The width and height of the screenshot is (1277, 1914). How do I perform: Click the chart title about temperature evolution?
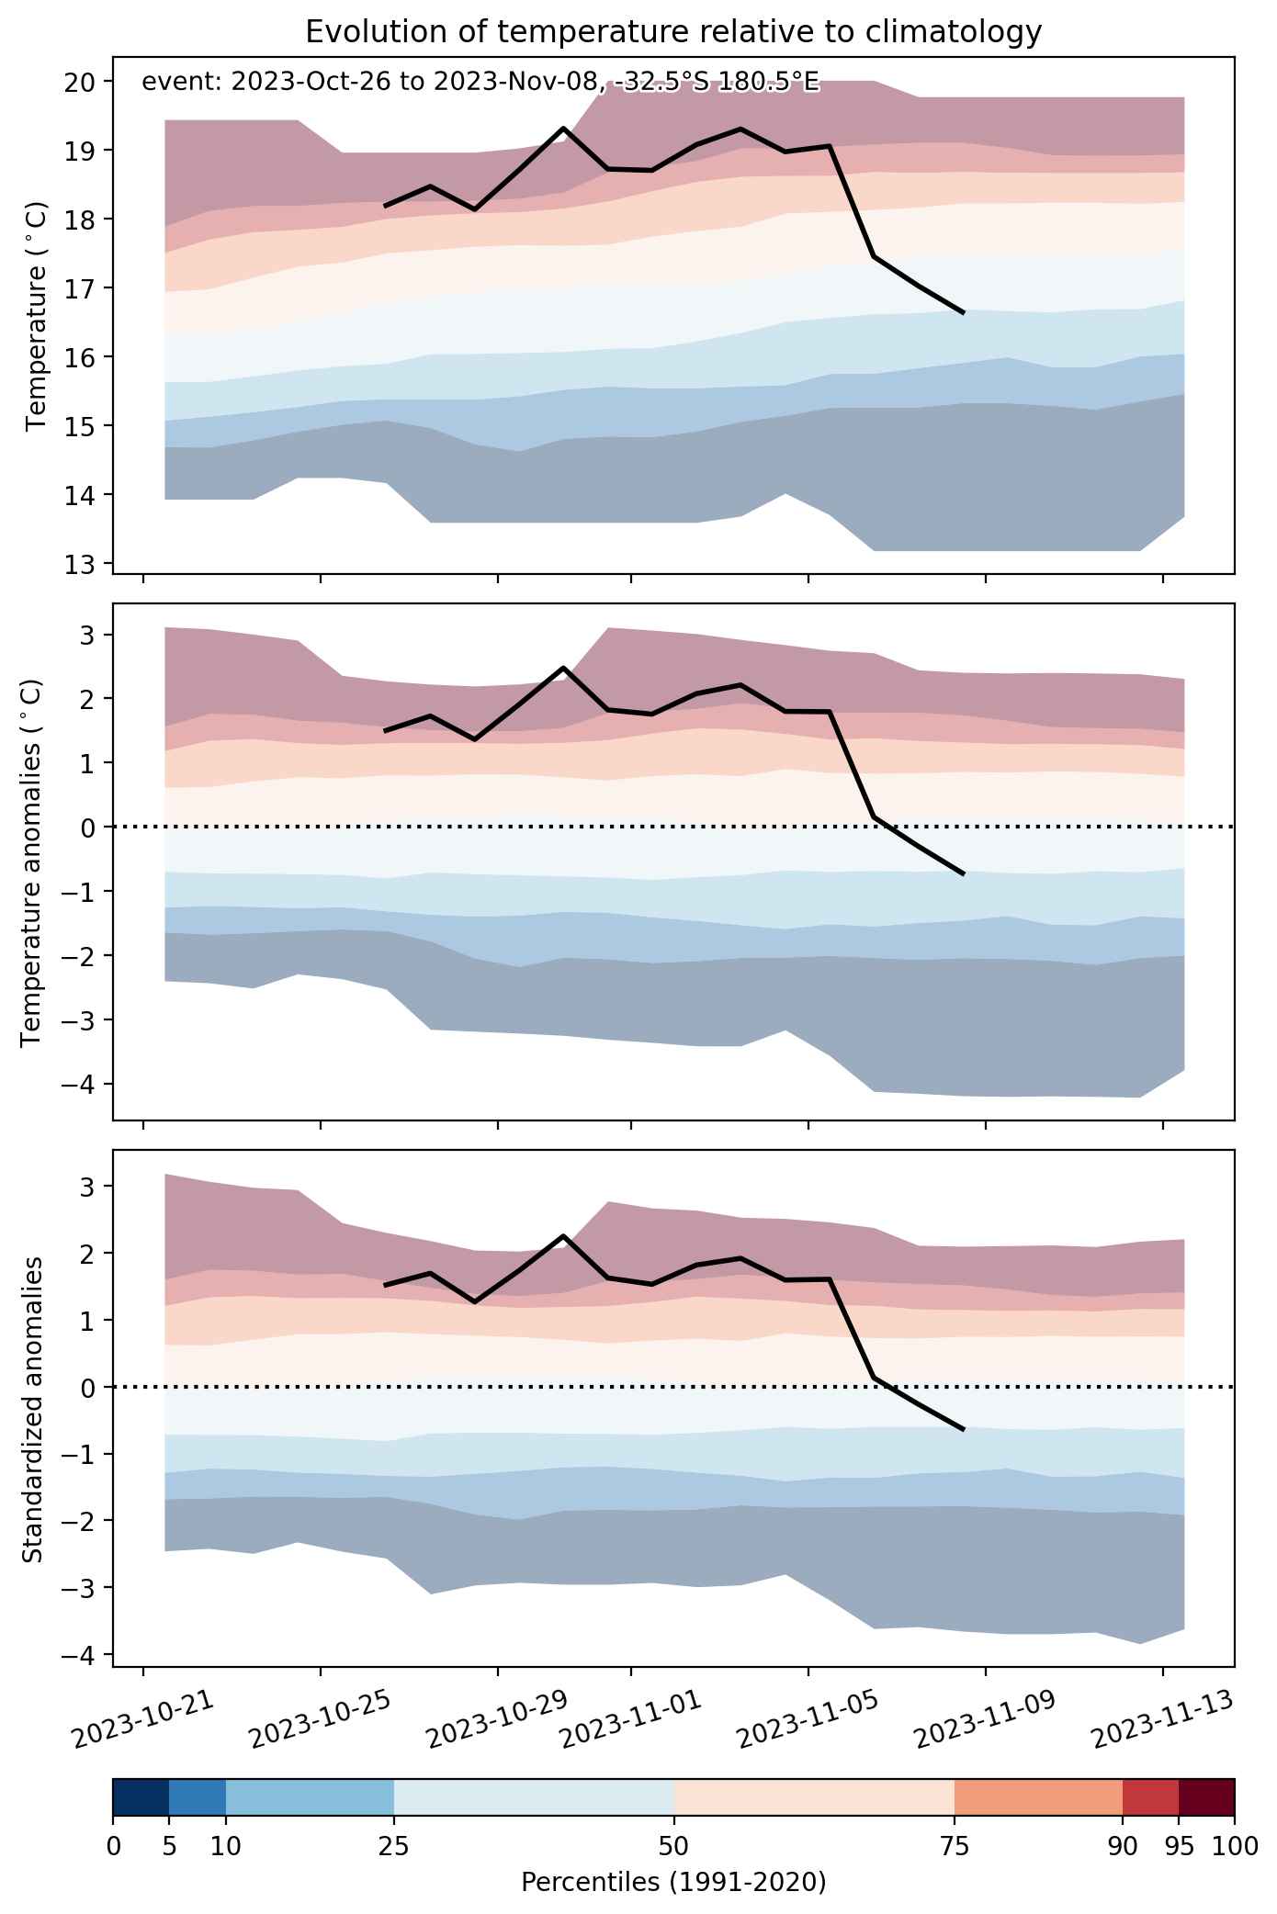tap(673, 32)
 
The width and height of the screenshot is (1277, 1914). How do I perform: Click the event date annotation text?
tap(480, 83)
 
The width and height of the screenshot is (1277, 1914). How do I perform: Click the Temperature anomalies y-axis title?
tap(31, 862)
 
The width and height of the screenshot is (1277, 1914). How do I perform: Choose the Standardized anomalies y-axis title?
tap(31, 1409)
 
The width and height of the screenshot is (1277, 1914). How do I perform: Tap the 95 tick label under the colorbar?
tap(1179, 1847)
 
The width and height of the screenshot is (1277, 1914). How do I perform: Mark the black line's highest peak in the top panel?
tap(563, 128)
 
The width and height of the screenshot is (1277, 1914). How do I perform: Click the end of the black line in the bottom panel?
tap(964, 1430)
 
